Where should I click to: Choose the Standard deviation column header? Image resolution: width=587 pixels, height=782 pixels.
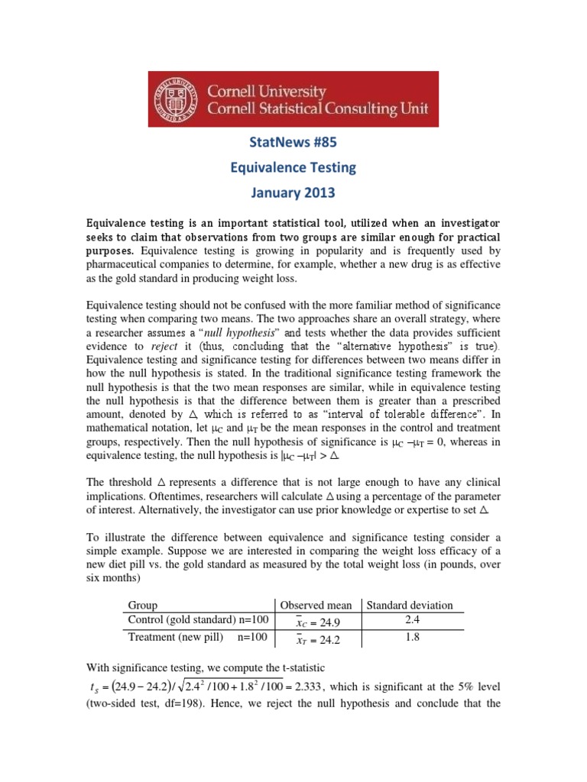click(410, 605)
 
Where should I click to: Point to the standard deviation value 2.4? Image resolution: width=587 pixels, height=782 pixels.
click(410, 619)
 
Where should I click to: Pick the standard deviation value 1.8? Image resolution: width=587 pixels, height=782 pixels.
click(410, 636)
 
